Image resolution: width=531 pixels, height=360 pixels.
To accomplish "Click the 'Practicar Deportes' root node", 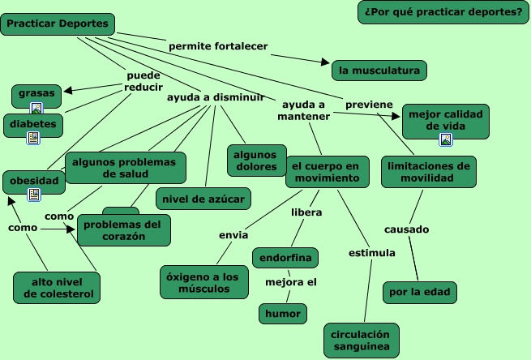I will [x=58, y=24].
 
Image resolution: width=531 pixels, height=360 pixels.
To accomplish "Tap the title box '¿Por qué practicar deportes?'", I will [x=443, y=12].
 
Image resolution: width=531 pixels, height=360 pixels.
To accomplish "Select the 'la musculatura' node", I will [x=379, y=71].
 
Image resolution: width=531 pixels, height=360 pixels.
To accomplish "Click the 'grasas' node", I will [x=36, y=93].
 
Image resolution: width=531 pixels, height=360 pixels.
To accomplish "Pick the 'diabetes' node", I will [x=33, y=124].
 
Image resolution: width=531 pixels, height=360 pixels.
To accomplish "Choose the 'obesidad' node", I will [x=34, y=180].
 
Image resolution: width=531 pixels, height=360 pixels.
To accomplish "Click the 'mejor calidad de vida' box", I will [x=445, y=120].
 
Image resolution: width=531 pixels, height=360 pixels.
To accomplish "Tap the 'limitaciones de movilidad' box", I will [x=429, y=172].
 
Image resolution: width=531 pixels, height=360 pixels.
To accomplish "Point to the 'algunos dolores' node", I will [x=255, y=161].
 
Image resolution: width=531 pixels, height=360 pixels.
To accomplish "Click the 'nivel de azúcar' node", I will [x=203, y=198].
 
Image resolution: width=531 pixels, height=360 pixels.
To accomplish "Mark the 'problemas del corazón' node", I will [x=124, y=230].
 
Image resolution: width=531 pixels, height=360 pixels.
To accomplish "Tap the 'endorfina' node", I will [x=285, y=259].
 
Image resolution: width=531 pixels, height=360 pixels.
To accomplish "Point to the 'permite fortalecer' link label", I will [x=218, y=46].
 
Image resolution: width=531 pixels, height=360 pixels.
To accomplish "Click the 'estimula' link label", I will [x=371, y=253].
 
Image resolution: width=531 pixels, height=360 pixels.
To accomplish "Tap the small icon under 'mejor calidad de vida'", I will [x=446, y=140].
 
